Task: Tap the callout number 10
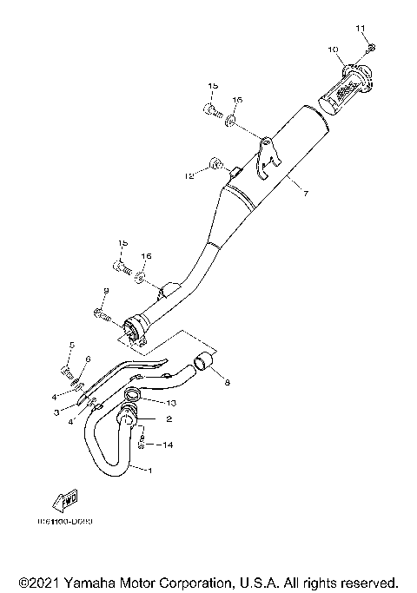coord(333,50)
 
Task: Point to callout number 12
coord(187,176)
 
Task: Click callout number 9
coord(105,291)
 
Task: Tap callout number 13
coord(170,403)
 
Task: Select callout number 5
coord(72,345)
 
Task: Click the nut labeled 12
coord(217,163)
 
